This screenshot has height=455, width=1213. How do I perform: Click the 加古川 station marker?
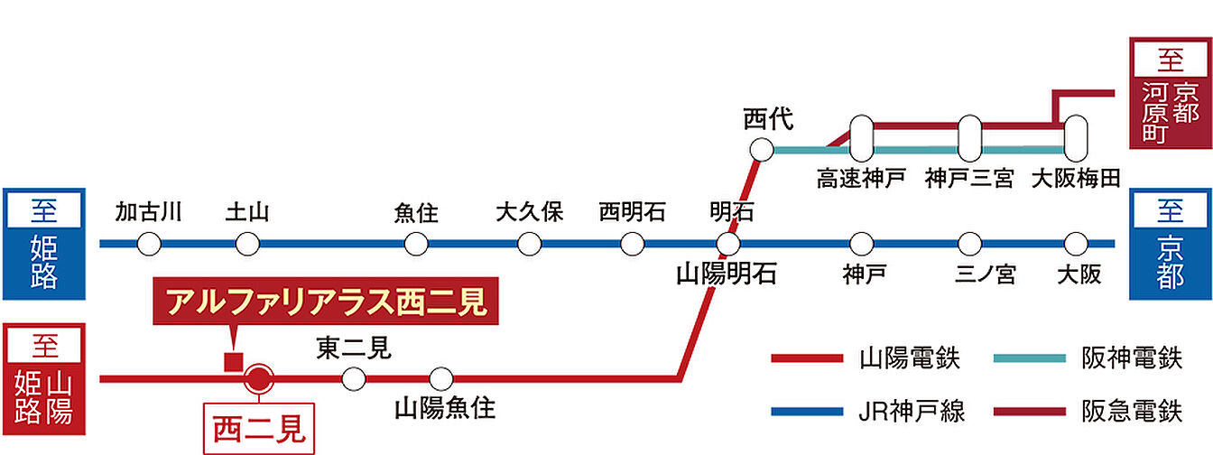tap(149, 244)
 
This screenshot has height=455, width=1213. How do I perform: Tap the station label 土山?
tap(247, 214)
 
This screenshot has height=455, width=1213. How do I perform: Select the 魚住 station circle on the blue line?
tap(416, 244)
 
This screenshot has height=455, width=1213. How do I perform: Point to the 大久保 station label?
tap(529, 214)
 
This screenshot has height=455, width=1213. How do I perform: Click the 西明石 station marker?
tap(633, 244)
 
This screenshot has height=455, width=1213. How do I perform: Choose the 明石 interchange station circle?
tap(728, 244)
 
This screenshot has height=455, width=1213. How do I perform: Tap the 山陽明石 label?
tap(727, 274)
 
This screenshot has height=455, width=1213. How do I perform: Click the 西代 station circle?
tap(763, 150)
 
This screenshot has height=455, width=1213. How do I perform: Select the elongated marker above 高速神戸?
tap(861, 138)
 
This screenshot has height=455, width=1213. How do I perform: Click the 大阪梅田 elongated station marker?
tap(1076, 138)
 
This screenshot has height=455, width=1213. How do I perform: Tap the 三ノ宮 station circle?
tap(970, 244)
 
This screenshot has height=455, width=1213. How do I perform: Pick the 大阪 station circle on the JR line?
tap(1076, 244)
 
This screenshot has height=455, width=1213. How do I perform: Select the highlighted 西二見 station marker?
tap(259, 379)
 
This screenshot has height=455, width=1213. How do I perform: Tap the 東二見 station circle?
tap(354, 379)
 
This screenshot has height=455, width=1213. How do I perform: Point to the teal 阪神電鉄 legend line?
tap(1029, 359)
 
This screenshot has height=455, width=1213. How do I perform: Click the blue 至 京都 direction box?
tap(1170, 244)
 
